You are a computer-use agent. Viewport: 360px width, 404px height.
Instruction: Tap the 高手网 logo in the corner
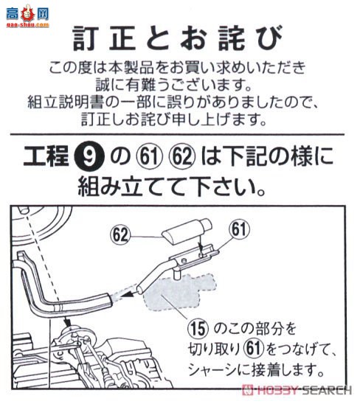(28, 14)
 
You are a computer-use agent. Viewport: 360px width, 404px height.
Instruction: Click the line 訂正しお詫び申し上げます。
(180, 119)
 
